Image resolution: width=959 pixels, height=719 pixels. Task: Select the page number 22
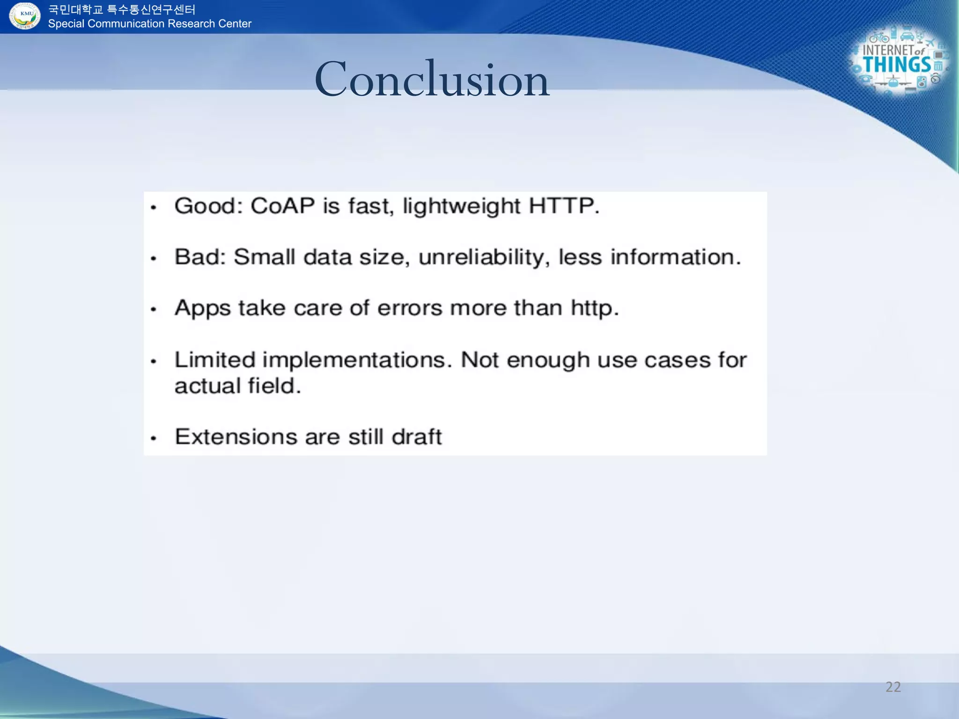click(893, 687)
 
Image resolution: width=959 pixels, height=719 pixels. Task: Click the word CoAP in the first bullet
click(282, 206)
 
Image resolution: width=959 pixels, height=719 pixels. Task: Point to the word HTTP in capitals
click(563, 206)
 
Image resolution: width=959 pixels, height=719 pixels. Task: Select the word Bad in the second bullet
click(200, 257)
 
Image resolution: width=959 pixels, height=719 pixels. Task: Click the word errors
click(410, 308)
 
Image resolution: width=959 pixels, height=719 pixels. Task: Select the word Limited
click(215, 360)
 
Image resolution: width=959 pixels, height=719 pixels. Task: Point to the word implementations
click(357, 360)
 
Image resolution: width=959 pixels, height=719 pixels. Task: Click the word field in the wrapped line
click(274, 386)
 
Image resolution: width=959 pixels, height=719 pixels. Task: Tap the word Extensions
click(236, 437)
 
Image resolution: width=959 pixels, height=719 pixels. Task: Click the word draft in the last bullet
click(416, 437)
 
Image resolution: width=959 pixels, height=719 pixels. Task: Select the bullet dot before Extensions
click(154, 439)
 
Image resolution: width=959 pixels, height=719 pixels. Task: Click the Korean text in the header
click(122, 9)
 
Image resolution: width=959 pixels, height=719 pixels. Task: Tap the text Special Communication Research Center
click(149, 24)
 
